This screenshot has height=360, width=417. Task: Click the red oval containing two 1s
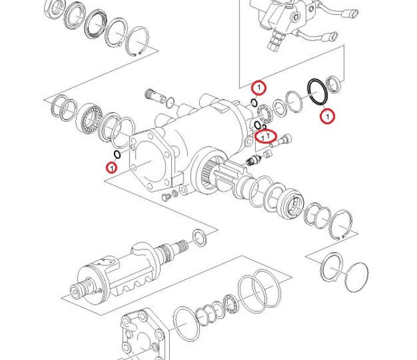pyautogui.click(x=266, y=136)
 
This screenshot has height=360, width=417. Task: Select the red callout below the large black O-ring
pyautogui.click(x=327, y=116)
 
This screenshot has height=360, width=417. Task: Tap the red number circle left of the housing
pyautogui.click(x=111, y=168)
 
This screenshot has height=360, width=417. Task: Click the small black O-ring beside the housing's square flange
pyautogui.click(x=117, y=154)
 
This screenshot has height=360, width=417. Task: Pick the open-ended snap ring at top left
pyautogui.click(x=137, y=42)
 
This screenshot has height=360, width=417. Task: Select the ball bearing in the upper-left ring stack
pyautogui.click(x=90, y=117)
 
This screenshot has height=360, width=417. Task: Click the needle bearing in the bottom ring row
pyautogui.click(x=231, y=304)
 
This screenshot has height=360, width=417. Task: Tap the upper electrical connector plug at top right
pyautogui.click(x=352, y=12)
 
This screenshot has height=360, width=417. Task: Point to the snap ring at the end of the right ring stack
pyautogui.click(x=341, y=224)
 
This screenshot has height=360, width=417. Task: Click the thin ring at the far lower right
pyautogui.click(x=357, y=277)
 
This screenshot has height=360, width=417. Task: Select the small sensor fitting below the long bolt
pyautogui.click(x=253, y=159)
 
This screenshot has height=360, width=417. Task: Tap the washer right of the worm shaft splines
pyautogui.click(x=200, y=237)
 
